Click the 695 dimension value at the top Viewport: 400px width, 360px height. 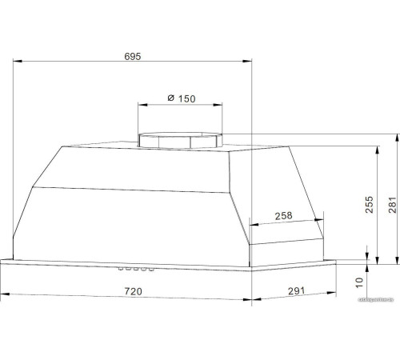133,56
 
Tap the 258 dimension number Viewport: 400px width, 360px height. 283,216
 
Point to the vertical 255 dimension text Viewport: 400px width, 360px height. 369,206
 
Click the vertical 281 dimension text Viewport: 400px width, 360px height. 391,206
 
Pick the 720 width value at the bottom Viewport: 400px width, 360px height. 133,292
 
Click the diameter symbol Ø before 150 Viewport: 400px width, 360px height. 171,98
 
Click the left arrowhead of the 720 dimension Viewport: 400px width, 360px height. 3,298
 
